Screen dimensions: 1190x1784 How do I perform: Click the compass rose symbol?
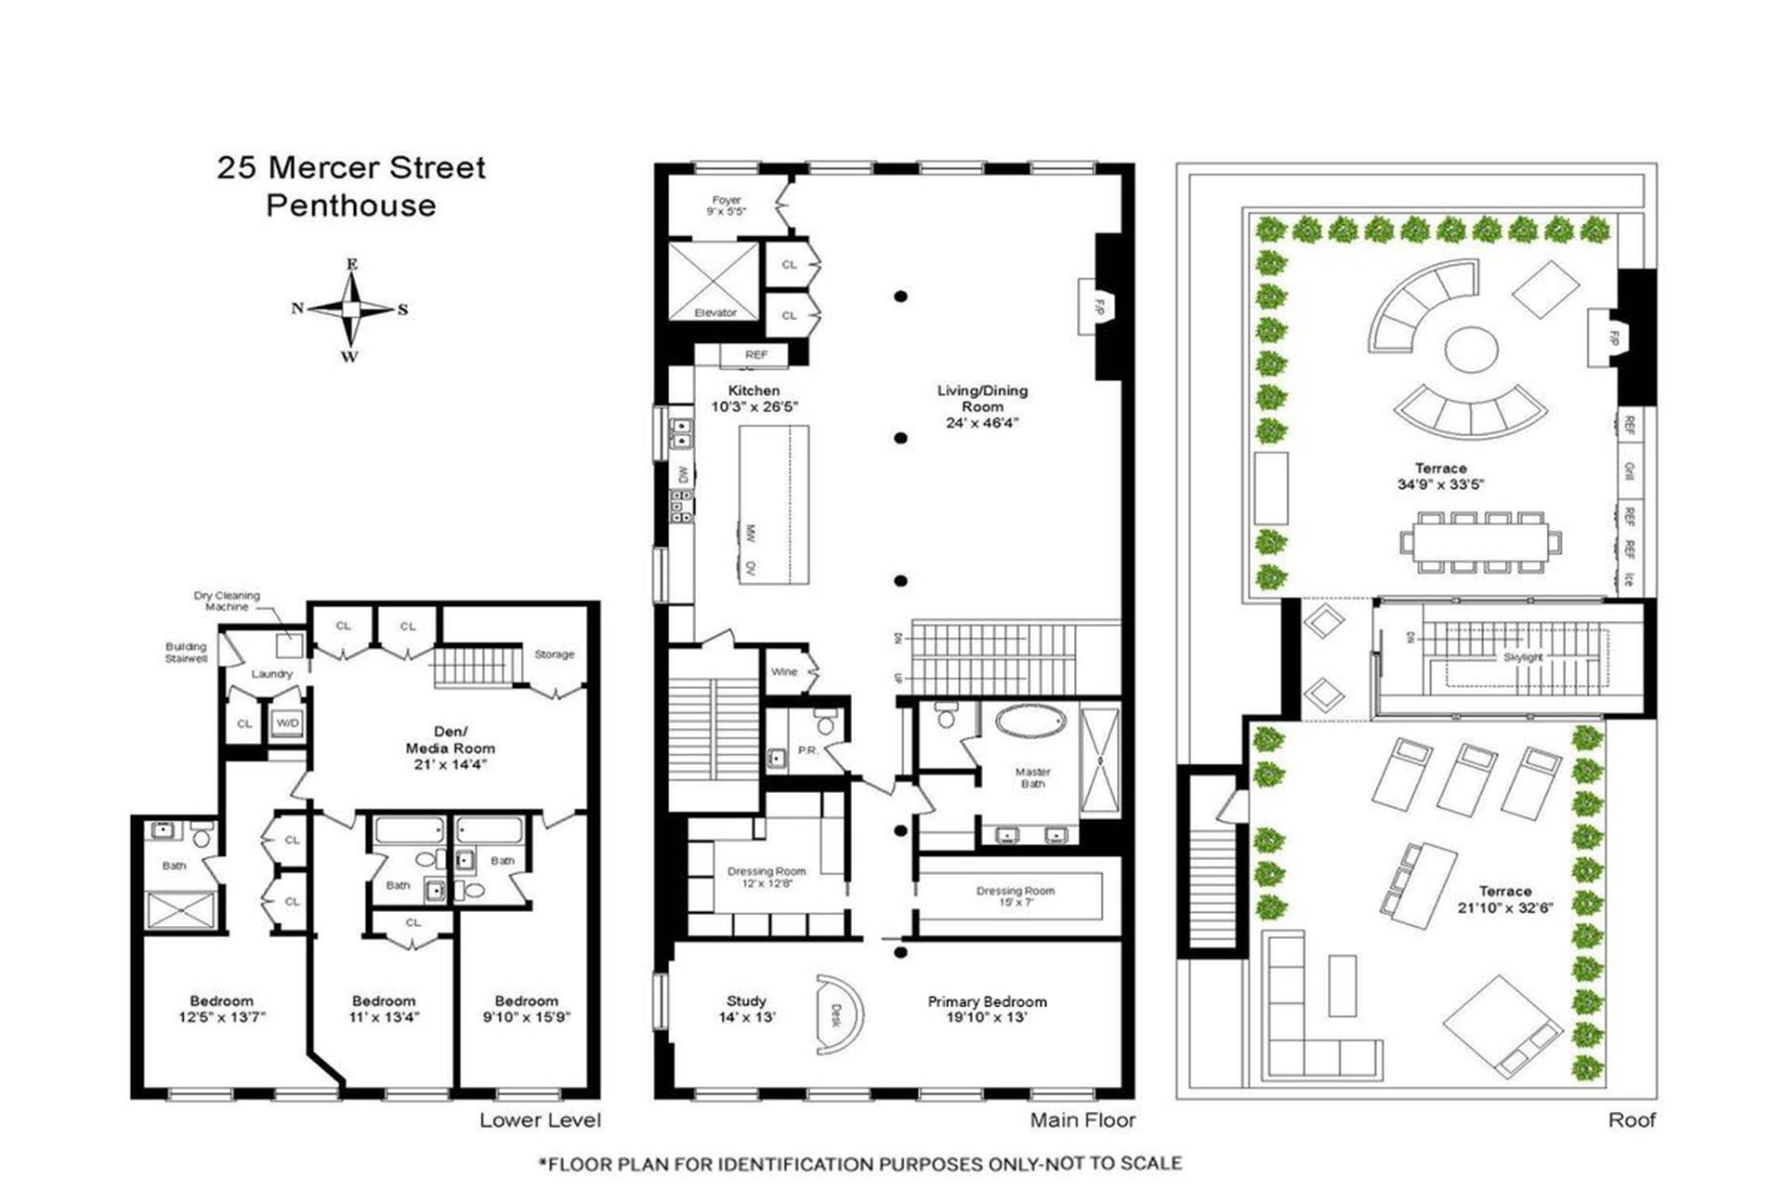350,310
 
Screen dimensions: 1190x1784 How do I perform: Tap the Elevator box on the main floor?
714,282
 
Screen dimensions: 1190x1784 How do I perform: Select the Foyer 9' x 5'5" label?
727,205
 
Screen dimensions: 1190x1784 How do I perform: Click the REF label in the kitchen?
756,355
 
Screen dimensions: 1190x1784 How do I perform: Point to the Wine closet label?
784,671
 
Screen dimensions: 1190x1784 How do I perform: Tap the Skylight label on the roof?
1523,657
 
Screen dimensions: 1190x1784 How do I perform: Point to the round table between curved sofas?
1471,350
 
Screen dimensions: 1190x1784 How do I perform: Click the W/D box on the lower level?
287,723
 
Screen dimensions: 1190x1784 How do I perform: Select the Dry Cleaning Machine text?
227,601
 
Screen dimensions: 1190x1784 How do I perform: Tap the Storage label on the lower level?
554,654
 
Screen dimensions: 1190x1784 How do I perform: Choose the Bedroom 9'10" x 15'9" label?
526,1009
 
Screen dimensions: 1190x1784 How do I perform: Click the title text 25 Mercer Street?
351,167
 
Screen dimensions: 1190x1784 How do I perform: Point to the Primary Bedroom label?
987,1009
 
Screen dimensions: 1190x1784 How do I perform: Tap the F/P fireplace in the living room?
1097,307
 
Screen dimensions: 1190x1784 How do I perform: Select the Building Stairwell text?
186,653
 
